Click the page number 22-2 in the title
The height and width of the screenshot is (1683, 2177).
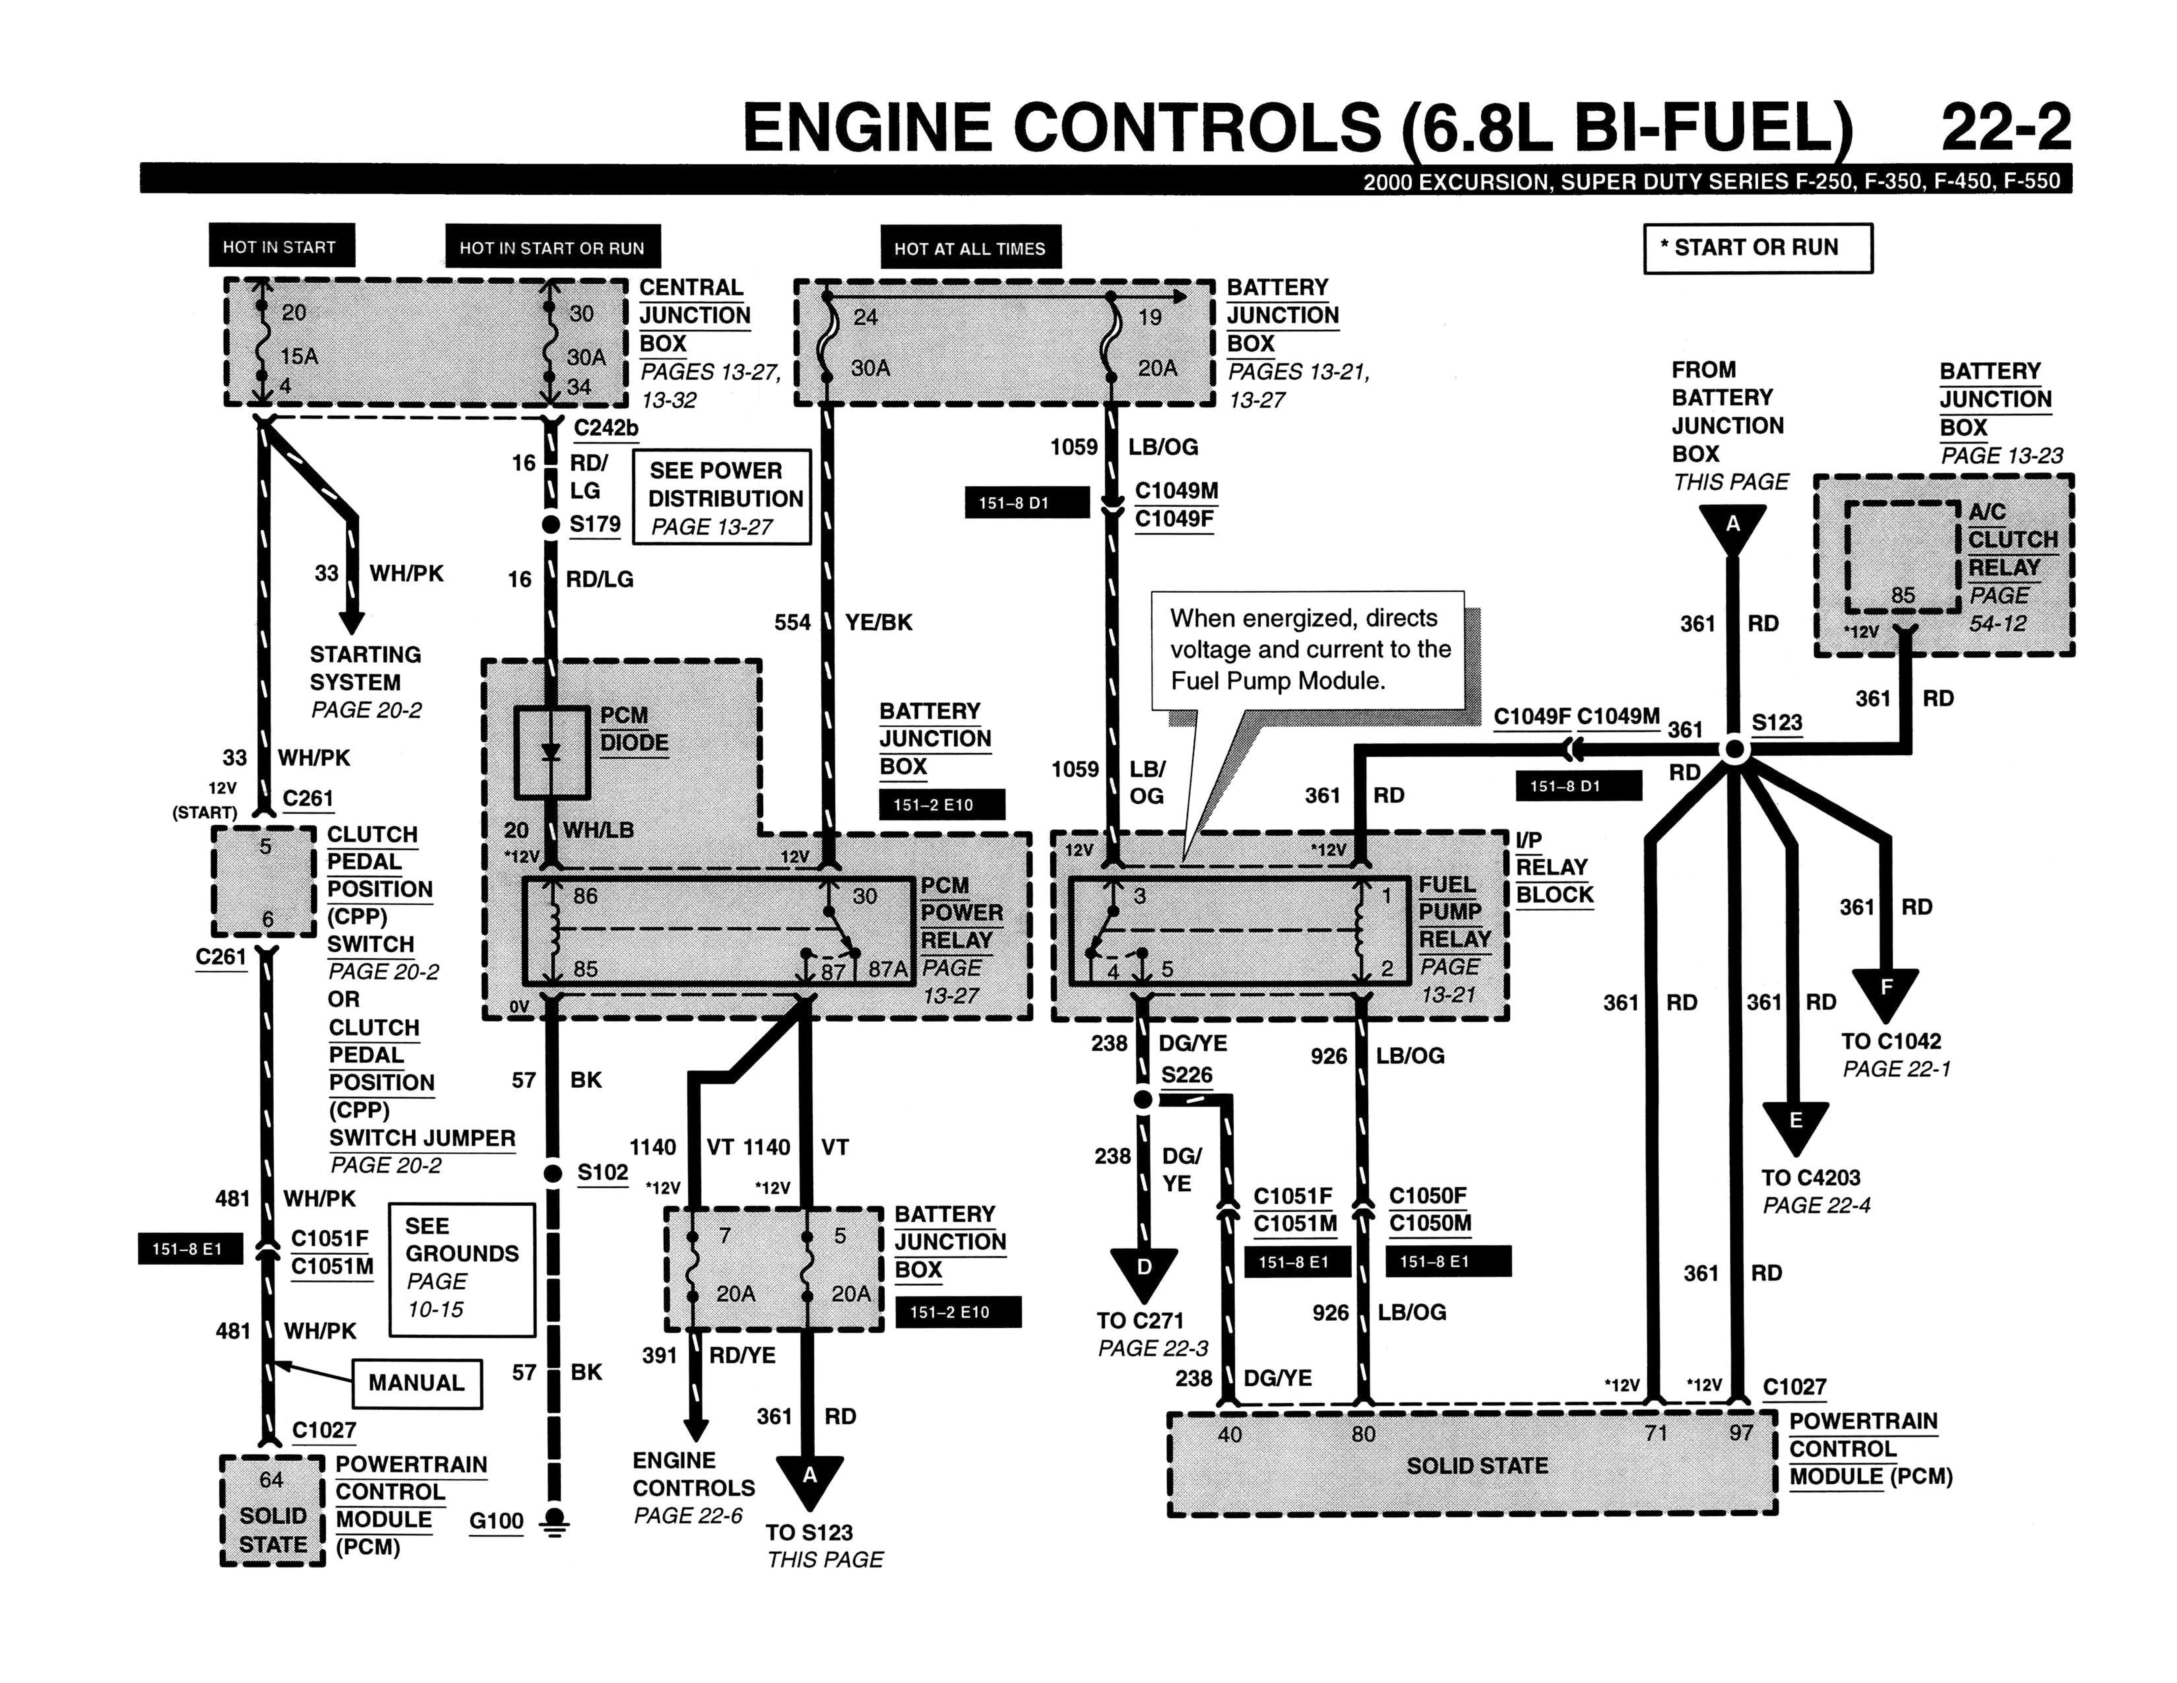pyautogui.click(x=2005, y=128)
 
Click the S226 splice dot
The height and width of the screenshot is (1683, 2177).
pyautogui.click(x=1143, y=1099)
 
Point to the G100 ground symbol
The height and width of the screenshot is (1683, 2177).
pyautogui.click(x=553, y=1523)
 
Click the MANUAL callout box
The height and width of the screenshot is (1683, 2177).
pyautogui.click(x=417, y=1383)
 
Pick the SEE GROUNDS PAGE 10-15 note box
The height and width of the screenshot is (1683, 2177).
pyautogui.click(x=461, y=1269)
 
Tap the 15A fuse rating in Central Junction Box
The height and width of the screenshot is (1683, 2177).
pyautogui.click(x=299, y=356)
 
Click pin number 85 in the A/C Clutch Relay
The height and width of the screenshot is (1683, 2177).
pyautogui.click(x=1903, y=595)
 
